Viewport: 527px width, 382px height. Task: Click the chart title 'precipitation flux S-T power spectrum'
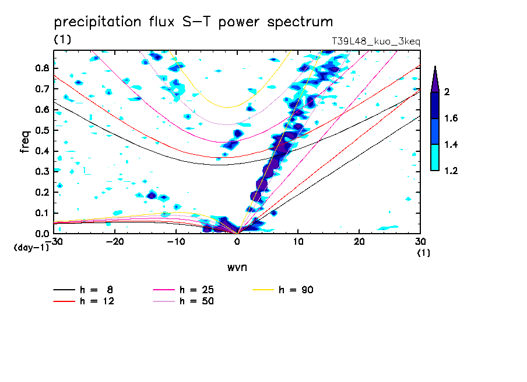tap(194, 22)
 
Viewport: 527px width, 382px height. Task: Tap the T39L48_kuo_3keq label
tap(375, 41)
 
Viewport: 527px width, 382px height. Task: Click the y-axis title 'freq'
tap(24, 141)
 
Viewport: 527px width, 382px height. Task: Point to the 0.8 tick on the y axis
tap(41, 68)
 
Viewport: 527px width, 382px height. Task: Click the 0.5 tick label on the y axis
tap(41, 130)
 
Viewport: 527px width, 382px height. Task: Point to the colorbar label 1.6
tap(451, 119)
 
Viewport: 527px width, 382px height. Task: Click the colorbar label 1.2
tap(451, 171)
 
